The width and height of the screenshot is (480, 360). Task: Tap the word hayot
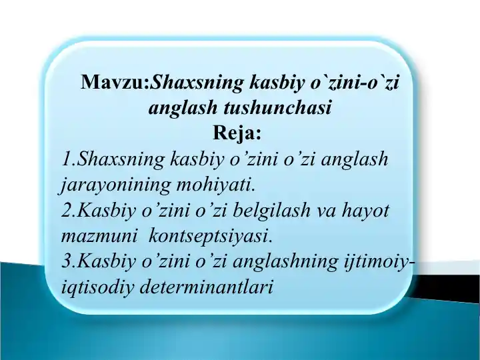coord(366,210)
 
